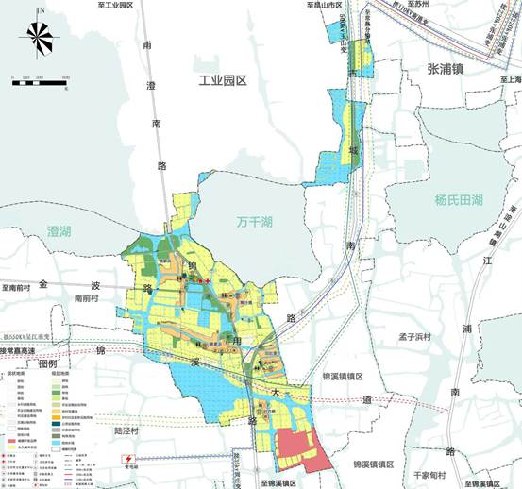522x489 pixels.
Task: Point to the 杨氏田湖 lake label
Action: coord(458,200)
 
